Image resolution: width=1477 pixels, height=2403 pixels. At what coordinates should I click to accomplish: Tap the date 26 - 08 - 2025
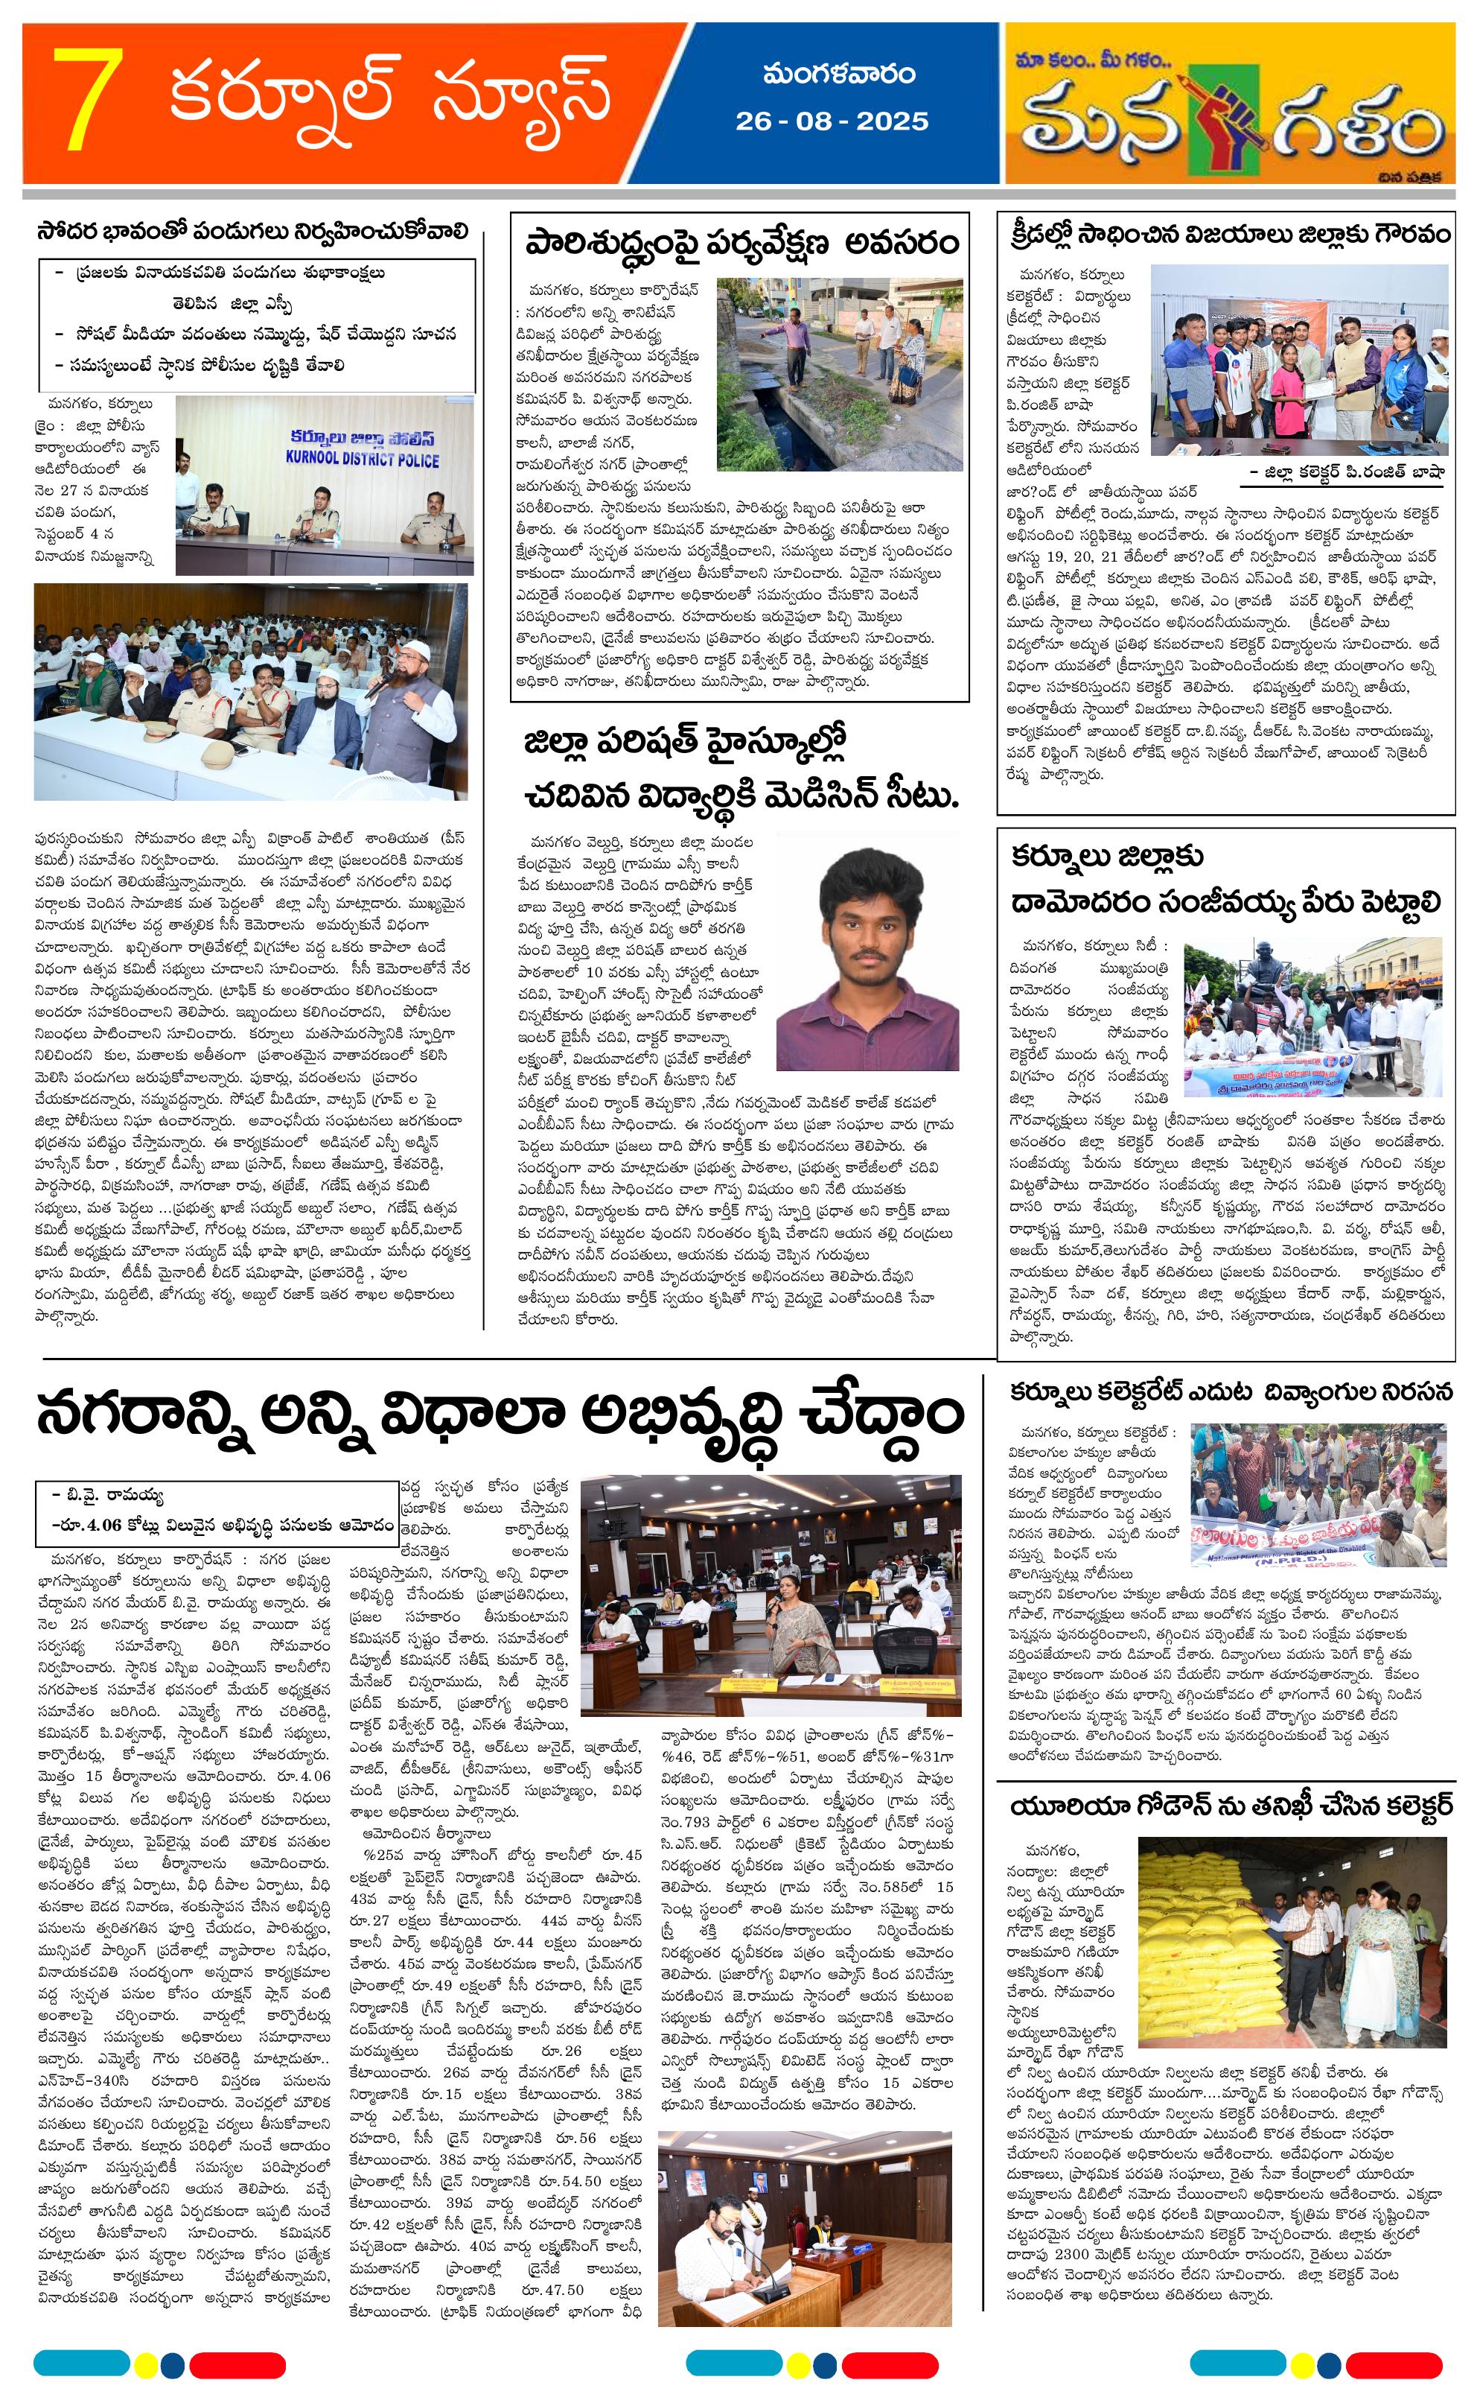click(x=832, y=121)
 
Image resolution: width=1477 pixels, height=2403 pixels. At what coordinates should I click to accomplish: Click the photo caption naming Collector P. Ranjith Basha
click(x=1346, y=471)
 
